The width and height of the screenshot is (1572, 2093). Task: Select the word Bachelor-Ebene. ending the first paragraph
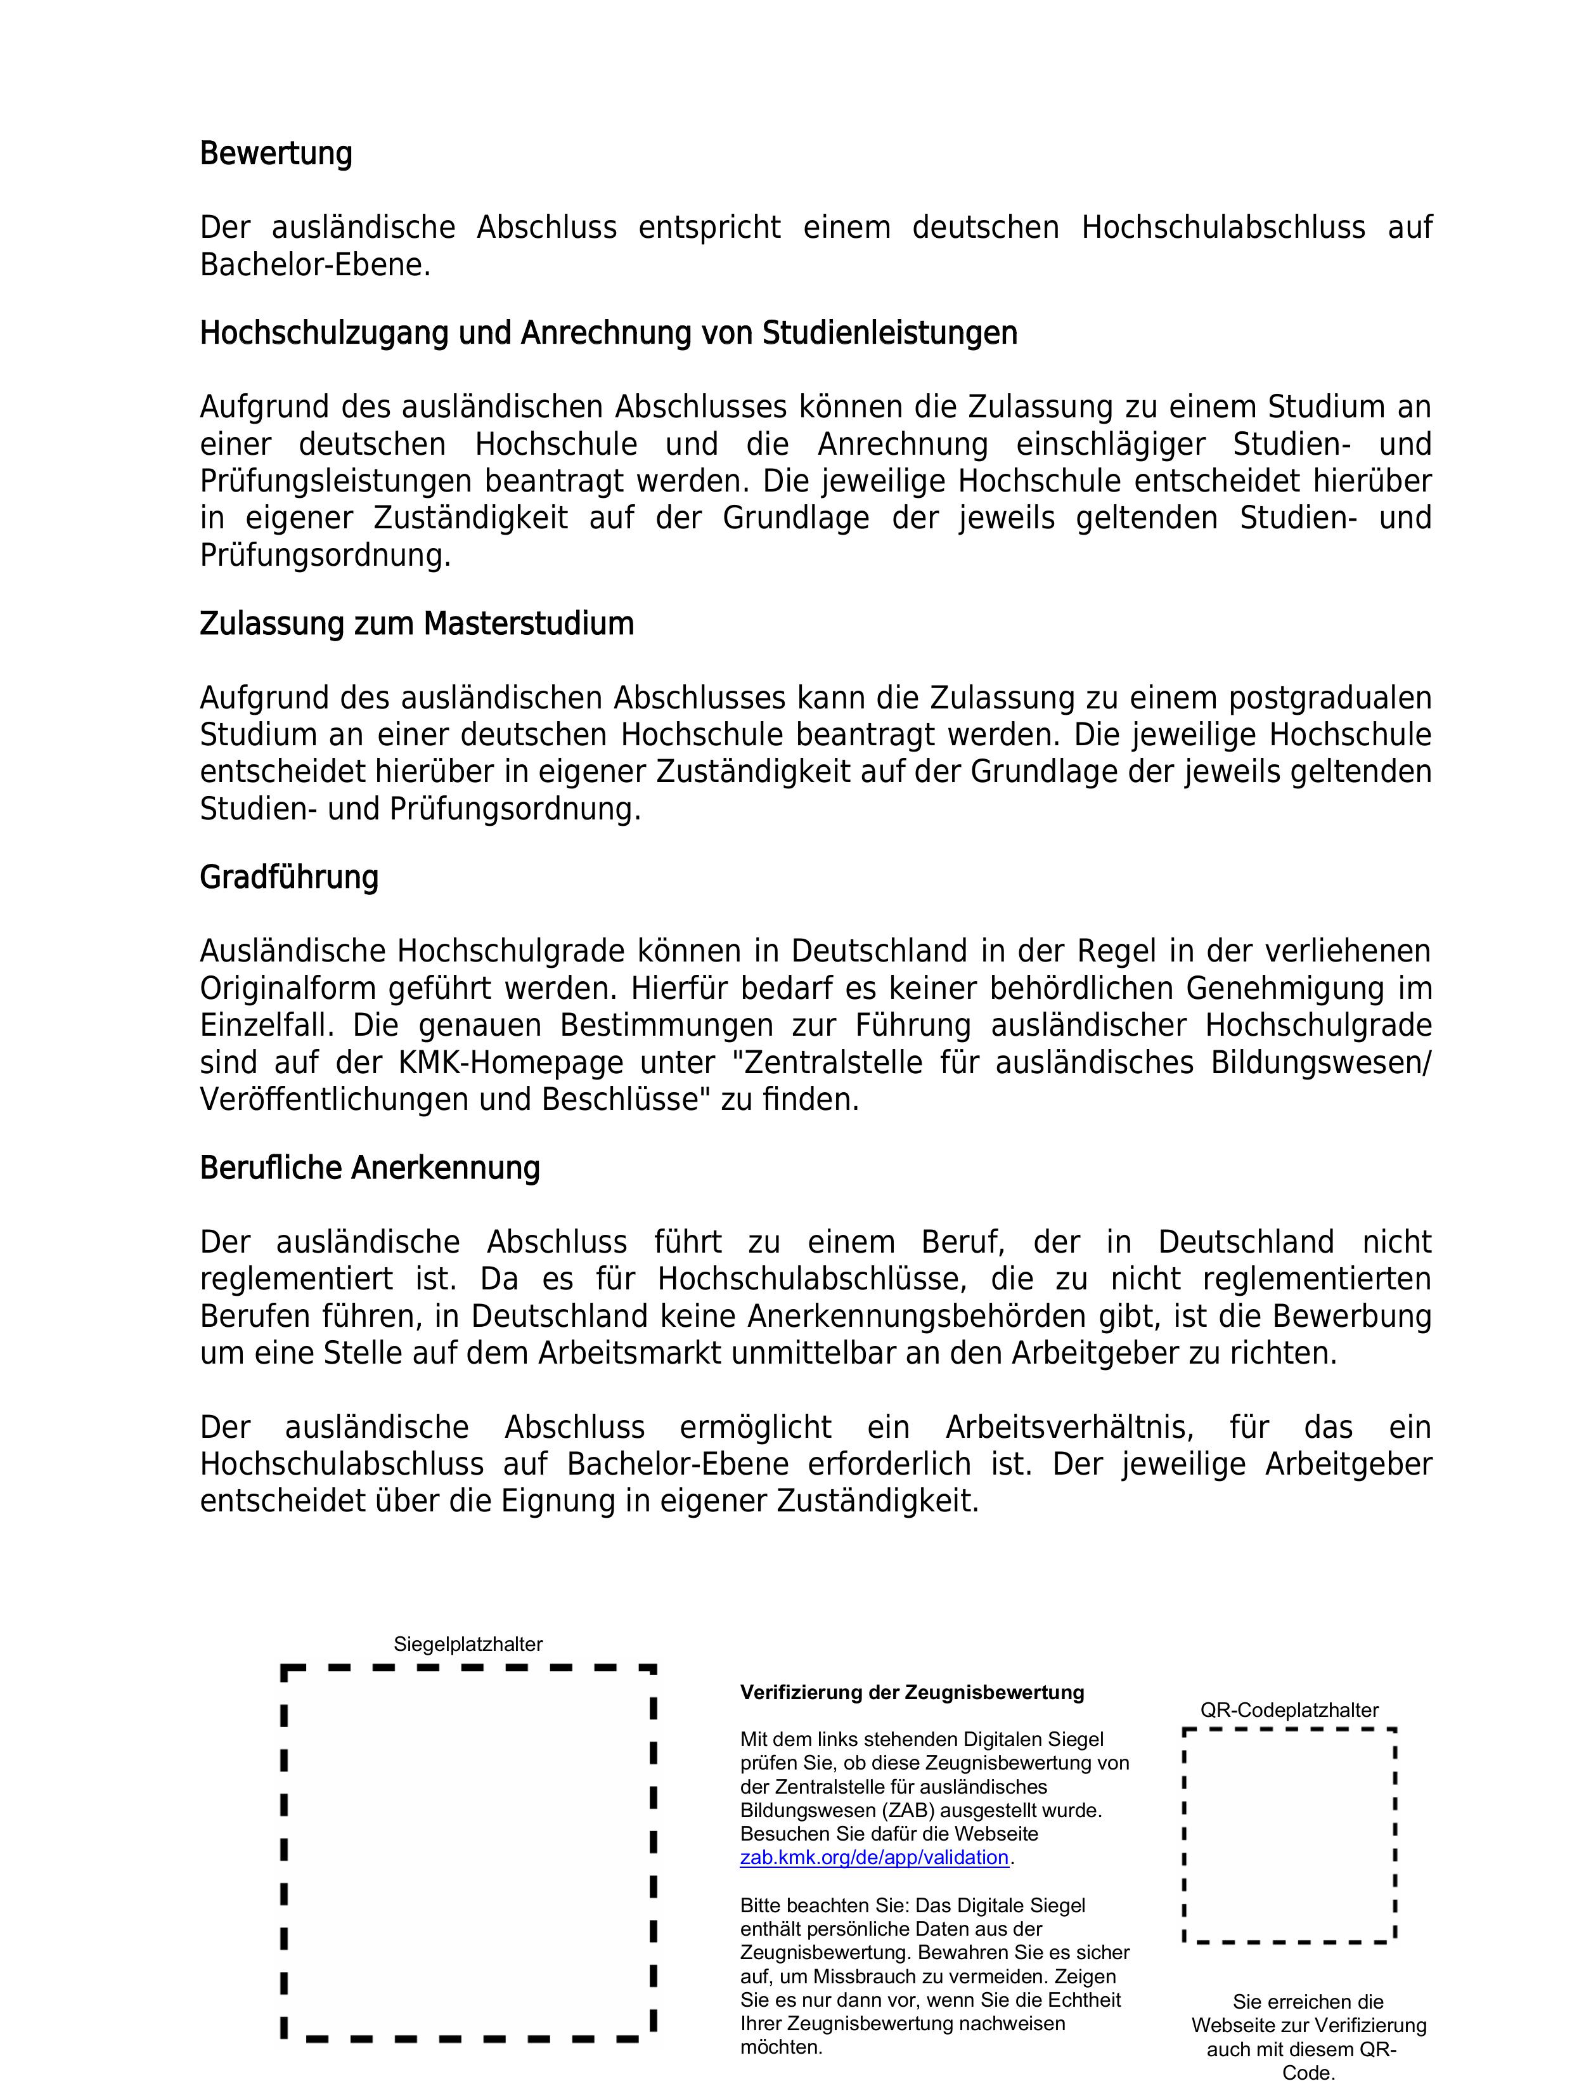click(x=315, y=265)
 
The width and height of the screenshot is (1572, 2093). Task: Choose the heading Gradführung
click(x=288, y=877)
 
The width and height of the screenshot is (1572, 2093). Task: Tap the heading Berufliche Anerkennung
click(x=369, y=1168)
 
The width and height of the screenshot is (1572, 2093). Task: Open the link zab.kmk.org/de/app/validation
click(x=874, y=1858)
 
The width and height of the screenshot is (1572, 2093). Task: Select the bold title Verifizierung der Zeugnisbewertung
click(x=912, y=1693)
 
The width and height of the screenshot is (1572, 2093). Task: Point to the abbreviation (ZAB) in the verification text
click(x=894, y=1811)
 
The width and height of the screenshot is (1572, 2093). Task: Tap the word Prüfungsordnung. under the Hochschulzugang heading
click(x=325, y=556)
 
